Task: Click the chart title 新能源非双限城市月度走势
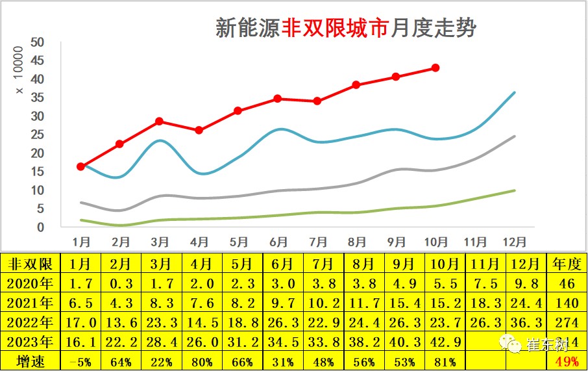[x=345, y=29]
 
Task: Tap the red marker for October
[x=435, y=68]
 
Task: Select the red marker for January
[x=81, y=167]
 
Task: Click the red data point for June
[x=278, y=99]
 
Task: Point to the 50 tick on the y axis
[x=37, y=42]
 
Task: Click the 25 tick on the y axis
[x=37, y=134]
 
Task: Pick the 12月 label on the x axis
[x=514, y=242]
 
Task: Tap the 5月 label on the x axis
[x=238, y=242]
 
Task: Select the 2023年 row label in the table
[x=31, y=342]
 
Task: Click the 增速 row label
[x=31, y=361]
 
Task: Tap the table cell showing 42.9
[x=445, y=342]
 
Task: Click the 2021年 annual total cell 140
[x=563, y=303]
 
